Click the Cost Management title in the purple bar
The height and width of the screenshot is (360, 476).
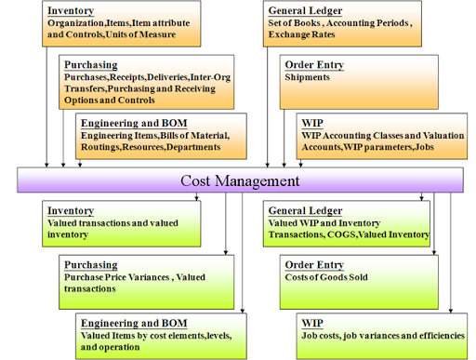click(x=240, y=180)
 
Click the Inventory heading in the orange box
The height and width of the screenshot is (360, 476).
click(x=71, y=10)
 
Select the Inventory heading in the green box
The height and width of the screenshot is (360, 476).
click(x=71, y=210)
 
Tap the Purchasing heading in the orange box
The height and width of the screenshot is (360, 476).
click(x=91, y=65)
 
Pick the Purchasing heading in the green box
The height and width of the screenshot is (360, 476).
click(x=91, y=265)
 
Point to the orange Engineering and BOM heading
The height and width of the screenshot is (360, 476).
click(x=134, y=123)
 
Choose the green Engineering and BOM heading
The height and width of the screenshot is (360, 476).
click(x=134, y=323)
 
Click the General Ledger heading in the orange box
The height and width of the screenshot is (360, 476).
click(x=305, y=10)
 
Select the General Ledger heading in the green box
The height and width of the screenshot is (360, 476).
click(x=305, y=210)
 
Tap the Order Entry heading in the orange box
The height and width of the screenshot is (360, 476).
click(x=314, y=65)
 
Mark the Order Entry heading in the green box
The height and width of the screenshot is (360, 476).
click(x=314, y=265)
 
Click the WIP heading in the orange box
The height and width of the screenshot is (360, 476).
click(x=312, y=123)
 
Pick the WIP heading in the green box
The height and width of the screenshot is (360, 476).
click(x=312, y=323)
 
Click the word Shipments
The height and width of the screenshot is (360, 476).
click(x=307, y=77)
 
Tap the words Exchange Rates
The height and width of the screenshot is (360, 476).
click(x=301, y=34)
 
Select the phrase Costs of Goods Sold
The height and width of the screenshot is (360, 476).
click(x=326, y=277)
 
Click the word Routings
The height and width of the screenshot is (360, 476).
click(x=100, y=147)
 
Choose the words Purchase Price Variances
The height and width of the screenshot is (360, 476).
click(x=116, y=277)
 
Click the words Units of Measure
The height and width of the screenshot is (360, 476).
click(x=140, y=34)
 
